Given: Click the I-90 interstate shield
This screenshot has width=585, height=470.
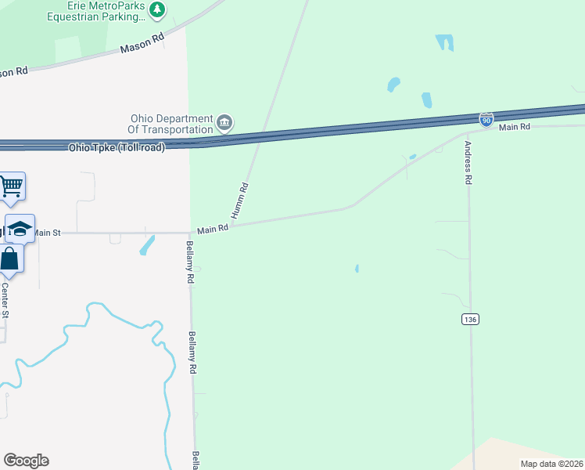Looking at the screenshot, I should [x=486, y=119].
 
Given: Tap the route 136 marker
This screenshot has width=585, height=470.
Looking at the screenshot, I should [x=470, y=320].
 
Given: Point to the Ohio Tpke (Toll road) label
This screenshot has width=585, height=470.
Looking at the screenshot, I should [x=117, y=147].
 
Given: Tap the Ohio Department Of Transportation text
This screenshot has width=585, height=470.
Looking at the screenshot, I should [x=171, y=124].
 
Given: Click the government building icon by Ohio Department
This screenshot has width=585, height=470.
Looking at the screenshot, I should [x=224, y=122].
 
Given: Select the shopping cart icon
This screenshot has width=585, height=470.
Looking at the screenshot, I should [x=12, y=186].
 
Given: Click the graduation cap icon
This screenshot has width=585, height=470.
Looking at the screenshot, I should [x=20, y=228].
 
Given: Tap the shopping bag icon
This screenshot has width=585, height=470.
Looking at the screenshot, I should [x=10, y=258].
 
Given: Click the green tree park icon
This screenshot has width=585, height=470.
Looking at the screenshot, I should [x=159, y=9].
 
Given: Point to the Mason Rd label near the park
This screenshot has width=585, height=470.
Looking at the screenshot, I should [x=142, y=43].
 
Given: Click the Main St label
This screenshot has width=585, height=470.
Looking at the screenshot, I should [x=45, y=233].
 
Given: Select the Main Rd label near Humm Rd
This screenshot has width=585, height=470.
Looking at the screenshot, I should [x=212, y=229].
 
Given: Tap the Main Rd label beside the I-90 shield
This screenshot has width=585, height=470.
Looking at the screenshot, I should [x=515, y=127].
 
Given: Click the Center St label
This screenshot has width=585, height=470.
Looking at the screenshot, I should [x=5, y=300].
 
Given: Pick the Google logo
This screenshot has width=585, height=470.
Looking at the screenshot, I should [x=26, y=461].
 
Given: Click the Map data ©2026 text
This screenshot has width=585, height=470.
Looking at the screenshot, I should [x=551, y=464].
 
